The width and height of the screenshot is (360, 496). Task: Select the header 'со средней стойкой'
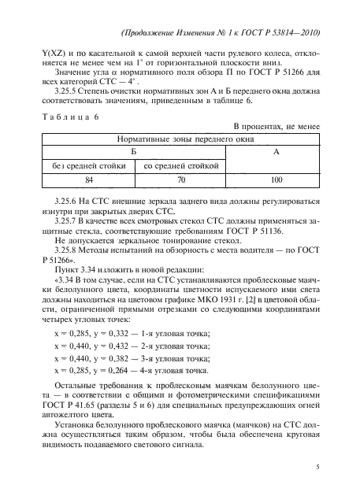tap(180, 166)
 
